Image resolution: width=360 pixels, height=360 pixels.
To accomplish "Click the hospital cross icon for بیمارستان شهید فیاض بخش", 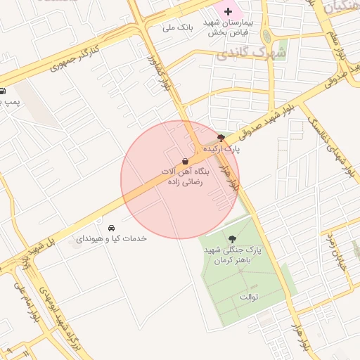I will (228, 11).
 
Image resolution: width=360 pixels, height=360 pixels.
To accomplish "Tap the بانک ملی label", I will (176, 27).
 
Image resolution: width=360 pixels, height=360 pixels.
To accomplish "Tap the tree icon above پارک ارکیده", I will (222, 138).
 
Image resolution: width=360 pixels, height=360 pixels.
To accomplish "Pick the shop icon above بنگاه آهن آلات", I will (185, 160).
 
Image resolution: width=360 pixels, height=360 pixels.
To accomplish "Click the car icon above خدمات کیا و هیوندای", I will (112, 228).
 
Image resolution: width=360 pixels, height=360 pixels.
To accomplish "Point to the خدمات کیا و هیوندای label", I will (111, 239).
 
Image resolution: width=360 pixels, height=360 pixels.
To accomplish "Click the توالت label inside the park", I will (250, 297).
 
